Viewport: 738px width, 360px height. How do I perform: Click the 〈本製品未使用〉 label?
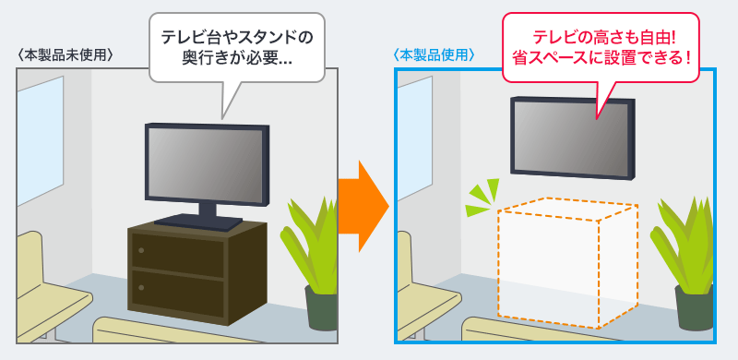(65, 54)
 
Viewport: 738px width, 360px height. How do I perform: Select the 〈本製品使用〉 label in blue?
(434, 54)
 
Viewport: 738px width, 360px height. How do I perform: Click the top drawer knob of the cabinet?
(141, 250)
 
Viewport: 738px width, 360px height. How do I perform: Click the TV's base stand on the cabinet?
(197, 220)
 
